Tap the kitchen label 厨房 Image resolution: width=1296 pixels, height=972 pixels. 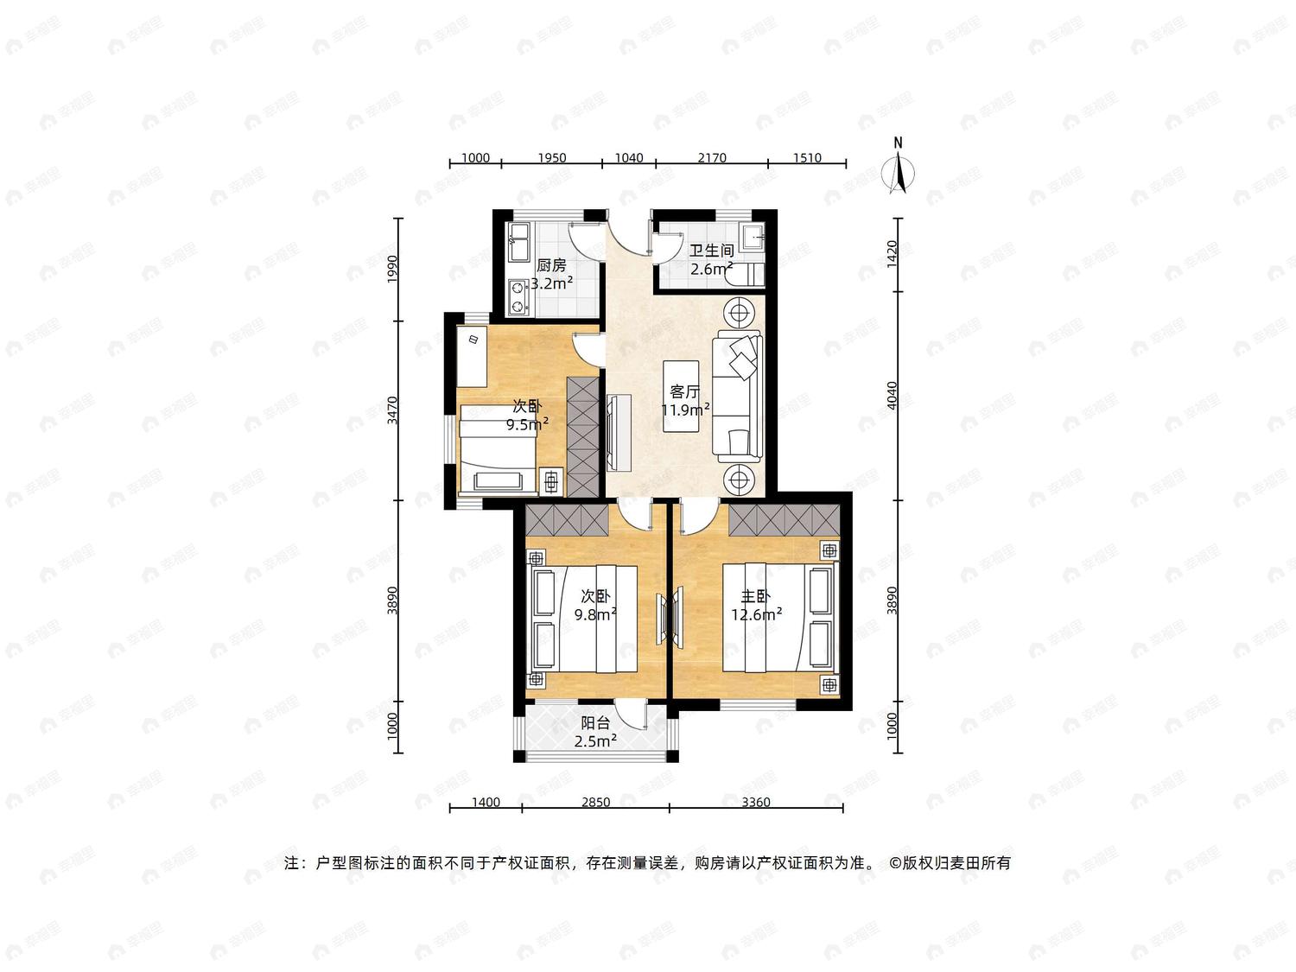(x=551, y=265)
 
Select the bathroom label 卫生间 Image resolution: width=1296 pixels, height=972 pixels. (x=711, y=251)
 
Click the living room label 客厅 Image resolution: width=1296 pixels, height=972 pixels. (x=684, y=391)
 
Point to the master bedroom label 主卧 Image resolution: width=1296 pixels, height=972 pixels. (x=756, y=597)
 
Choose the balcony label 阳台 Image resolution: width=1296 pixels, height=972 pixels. (x=595, y=723)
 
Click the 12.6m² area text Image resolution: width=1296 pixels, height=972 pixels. (x=756, y=615)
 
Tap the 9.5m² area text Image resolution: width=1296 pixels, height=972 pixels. (x=527, y=423)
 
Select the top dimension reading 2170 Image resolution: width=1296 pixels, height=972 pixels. (x=712, y=157)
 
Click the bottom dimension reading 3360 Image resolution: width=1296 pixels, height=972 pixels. (x=756, y=802)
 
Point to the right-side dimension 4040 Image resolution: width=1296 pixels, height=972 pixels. (x=893, y=396)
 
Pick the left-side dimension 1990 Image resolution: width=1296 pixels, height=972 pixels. (x=392, y=269)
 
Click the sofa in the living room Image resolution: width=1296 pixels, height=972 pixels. (x=738, y=397)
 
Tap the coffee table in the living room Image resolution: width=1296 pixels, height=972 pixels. (x=681, y=396)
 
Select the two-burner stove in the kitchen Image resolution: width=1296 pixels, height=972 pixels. (x=518, y=297)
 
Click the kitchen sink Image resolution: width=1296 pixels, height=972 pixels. (x=519, y=242)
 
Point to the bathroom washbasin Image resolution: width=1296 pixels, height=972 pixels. (x=753, y=238)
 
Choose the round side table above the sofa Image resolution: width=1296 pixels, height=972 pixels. (x=738, y=312)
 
